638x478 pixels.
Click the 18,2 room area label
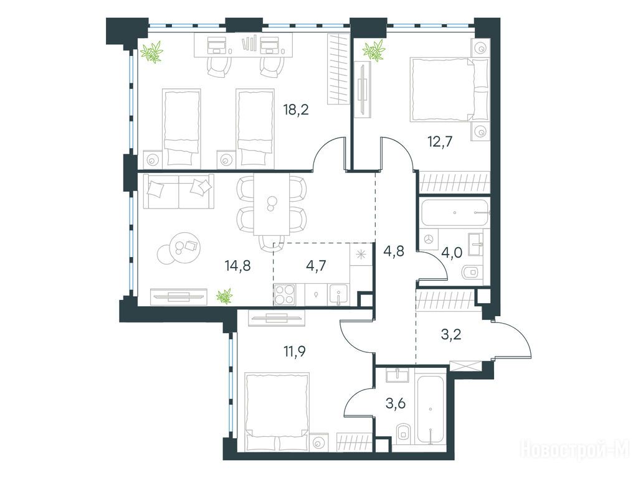click(x=296, y=110)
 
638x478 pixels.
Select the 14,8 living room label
click(x=237, y=266)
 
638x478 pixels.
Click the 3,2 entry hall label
click(x=452, y=335)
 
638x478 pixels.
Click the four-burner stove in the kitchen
click(x=285, y=294)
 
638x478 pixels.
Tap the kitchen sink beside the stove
click(x=338, y=294)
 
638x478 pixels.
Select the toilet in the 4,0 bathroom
click(x=472, y=271)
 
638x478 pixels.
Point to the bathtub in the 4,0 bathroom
click(x=455, y=213)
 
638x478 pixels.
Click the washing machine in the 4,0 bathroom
click(x=429, y=240)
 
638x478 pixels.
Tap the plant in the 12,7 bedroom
click(x=374, y=51)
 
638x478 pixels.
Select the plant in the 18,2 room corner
click(x=152, y=52)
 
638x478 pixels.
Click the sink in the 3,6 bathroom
click(x=398, y=375)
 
